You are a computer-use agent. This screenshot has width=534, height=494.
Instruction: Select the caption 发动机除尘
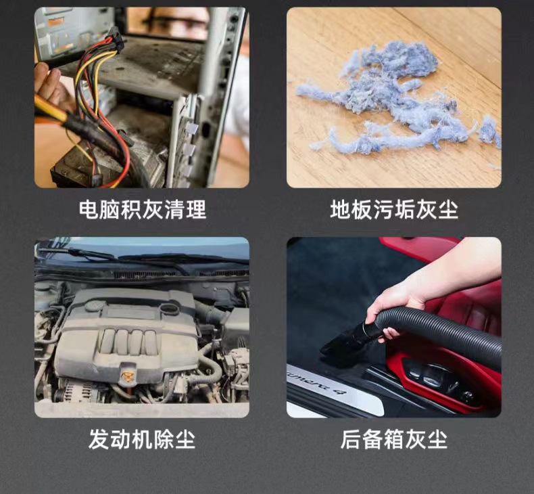click(x=142, y=440)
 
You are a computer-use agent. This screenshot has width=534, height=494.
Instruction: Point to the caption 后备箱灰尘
click(x=394, y=440)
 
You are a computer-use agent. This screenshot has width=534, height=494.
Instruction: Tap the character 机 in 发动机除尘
click(x=142, y=440)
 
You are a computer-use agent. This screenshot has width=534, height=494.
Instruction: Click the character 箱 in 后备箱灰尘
click(x=394, y=440)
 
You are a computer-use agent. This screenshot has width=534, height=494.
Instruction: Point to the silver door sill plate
click(x=331, y=392)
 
